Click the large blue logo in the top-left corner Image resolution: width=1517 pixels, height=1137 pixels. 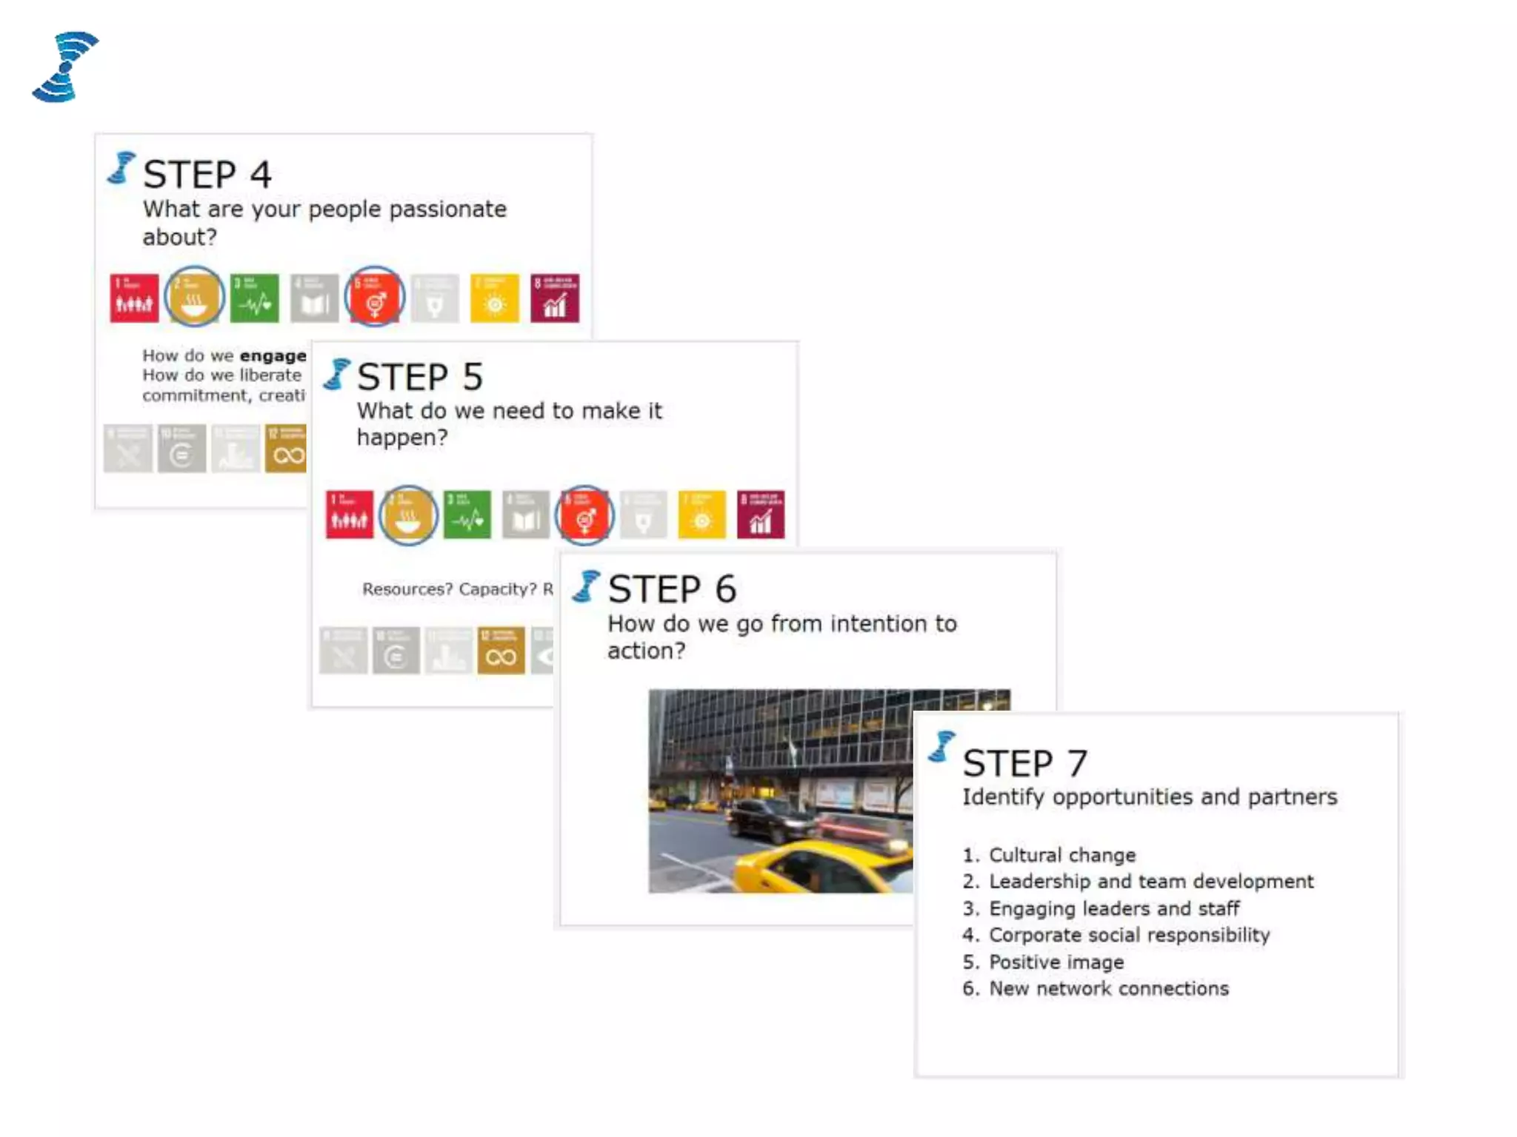[64, 67]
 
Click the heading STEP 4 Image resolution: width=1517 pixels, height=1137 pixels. [207, 175]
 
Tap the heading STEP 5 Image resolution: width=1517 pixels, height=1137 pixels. [419, 377]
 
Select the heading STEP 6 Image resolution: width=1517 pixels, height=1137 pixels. [671, 589]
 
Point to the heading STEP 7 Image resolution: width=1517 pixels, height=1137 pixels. [1024, 763]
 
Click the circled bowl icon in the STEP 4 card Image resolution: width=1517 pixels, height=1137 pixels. [194, 298]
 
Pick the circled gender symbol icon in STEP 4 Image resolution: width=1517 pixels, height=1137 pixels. [375, 298]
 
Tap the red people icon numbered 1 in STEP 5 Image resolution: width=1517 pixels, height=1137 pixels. [350, 514]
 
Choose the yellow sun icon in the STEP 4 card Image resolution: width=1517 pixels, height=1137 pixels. [495, 298]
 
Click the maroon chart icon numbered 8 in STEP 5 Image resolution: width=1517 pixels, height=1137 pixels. [761, 514]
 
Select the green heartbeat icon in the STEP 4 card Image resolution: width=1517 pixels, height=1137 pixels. [255, 298]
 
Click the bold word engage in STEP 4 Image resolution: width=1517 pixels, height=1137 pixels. [273, 356]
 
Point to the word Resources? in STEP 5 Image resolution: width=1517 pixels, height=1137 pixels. [407, 589]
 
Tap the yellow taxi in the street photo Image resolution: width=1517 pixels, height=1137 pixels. [815, 862]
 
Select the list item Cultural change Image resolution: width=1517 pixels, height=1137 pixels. [1061, 855]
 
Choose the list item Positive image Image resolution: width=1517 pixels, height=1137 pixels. [1056, 962]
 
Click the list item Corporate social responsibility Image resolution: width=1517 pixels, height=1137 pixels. [1129, 935]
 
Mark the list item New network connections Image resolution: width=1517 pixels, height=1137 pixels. [1108, 988]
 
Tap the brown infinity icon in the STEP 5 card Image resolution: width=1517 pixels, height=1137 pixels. [501, 651]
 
